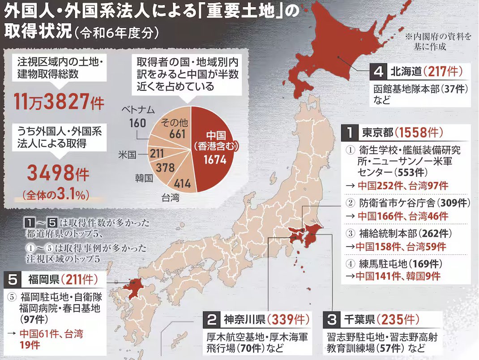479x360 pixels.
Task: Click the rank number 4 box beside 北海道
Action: click(378, 71)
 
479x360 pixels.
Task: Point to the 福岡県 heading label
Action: click(43, 280)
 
